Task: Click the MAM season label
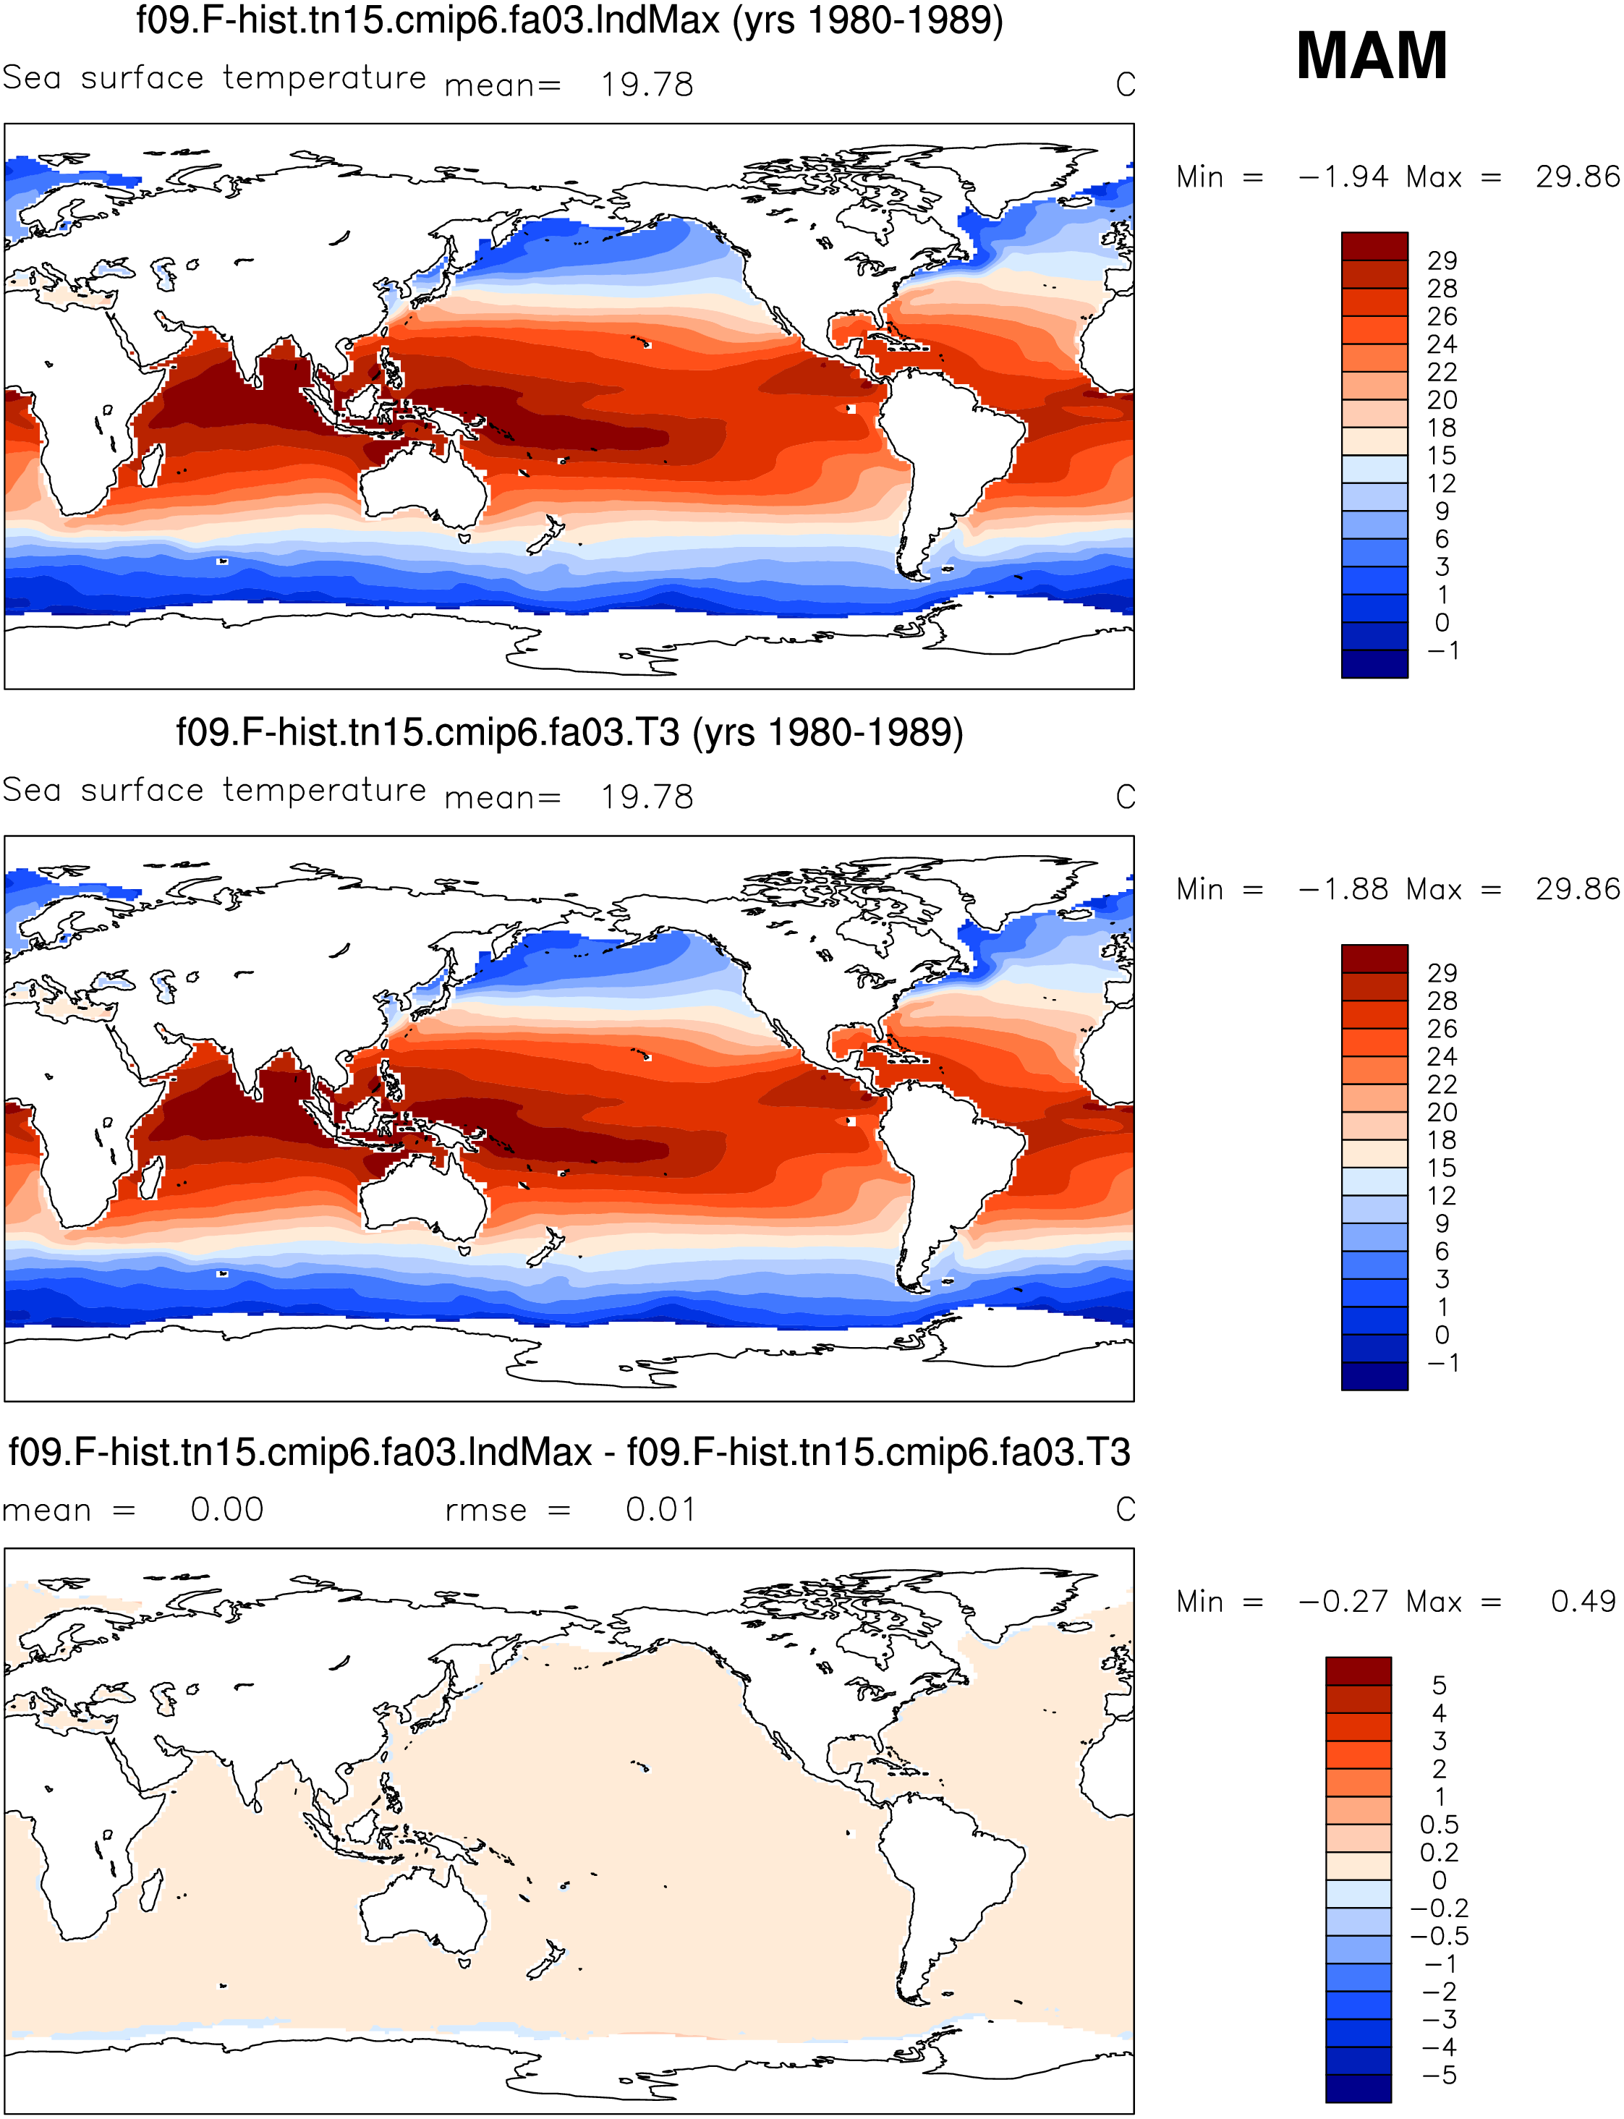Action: pos(1372,56)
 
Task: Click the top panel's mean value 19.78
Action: pos(647,85)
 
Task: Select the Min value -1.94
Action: pos(1343,177)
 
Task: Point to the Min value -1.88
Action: pos(1343,889)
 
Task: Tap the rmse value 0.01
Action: pos(660,1509)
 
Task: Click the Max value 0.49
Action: pos(1583,1602)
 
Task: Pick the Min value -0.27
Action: pos(1343,1602)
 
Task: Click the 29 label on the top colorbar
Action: pos(1442,261)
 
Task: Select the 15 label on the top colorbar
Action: pos(1442,457)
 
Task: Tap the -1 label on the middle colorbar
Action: pos(1442,1363)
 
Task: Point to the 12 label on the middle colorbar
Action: pos(1442,1196)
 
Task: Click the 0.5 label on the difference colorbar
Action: pos(1438,1825)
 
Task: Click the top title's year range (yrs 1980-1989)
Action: pos(868,20)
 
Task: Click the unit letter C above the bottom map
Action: pos(1125,1509)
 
